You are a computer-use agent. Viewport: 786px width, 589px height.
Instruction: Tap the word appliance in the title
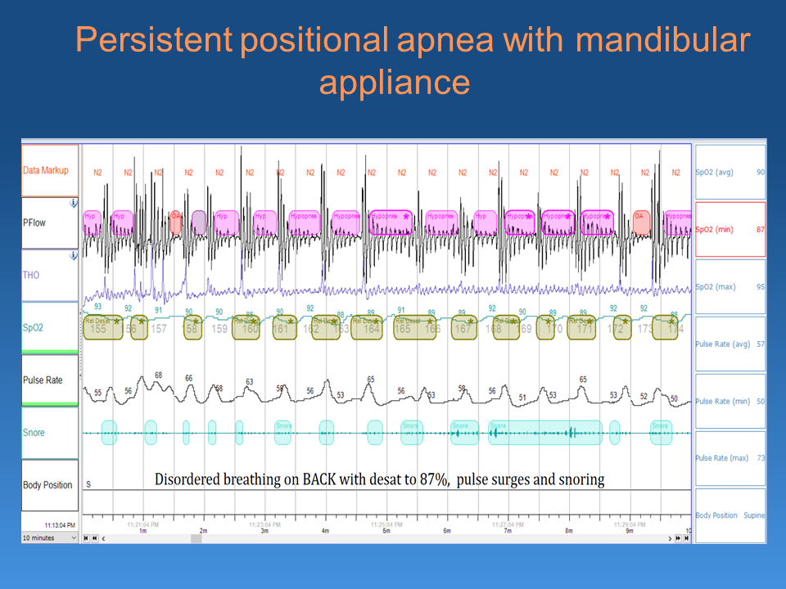(394, 82)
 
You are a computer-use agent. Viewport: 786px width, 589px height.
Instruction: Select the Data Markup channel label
(46, 170)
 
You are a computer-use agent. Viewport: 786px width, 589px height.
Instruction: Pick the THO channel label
(30, 275)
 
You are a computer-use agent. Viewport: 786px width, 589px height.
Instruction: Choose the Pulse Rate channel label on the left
(43, 380)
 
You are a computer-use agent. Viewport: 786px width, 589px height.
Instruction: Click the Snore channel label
(34, 433)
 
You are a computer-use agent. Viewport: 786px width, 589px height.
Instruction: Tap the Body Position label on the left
(47, 485)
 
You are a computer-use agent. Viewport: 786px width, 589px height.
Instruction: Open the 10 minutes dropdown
(50, 537)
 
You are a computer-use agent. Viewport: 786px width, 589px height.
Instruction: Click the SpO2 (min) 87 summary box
(730, 229)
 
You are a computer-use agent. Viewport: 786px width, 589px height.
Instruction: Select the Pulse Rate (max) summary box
(730, 458)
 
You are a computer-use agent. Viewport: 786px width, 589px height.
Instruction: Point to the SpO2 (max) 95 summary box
(730, 286)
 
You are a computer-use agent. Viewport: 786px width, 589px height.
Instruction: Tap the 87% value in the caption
(432, 480)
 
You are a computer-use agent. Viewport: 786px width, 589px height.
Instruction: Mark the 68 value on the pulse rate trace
(158, 375)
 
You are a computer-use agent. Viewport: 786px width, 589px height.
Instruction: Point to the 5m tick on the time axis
(386, 531)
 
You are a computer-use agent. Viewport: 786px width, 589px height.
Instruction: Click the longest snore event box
(545, 432)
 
